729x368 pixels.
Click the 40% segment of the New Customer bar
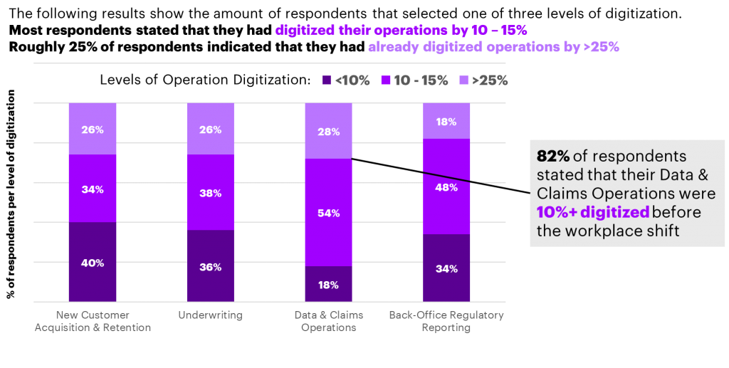coord(93,262)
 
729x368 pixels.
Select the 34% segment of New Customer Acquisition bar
coord(93,189)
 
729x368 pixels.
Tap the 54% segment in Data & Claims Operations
coord(328,212)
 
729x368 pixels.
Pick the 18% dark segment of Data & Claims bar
coord(328,284)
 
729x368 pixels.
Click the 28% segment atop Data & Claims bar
coord(328,131)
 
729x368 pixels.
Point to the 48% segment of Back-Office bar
coord(446,186)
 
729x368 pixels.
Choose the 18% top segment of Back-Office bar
coord(446,121)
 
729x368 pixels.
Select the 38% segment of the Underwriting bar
coord(211,192)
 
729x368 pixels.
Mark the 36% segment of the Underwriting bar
coord(211,266)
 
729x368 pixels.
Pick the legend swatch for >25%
coord(463,80)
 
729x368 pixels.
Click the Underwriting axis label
coord(211,315)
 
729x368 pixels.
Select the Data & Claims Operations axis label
coord(328,321)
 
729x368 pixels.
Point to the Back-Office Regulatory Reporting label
coord(446,321)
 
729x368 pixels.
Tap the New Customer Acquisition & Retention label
coord(93,321)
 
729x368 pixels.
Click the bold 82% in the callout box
coord(552,157)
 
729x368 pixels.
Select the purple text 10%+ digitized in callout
coord(592,211)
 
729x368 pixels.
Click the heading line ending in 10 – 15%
coord(401,31)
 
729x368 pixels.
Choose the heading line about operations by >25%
coord(493,48)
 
